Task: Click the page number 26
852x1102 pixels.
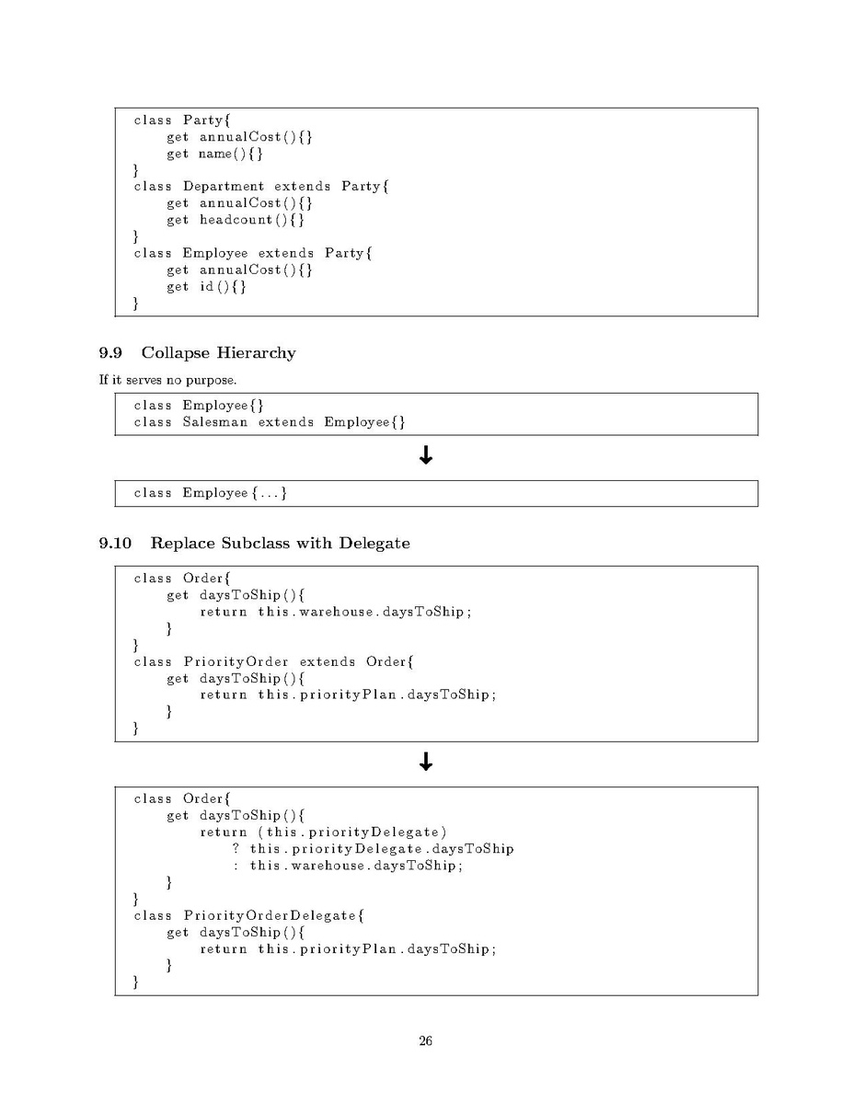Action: (425, 1041)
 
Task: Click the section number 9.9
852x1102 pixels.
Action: (110, 353)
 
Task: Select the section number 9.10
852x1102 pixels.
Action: (115, 544)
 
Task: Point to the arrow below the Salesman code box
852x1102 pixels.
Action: (426, 456)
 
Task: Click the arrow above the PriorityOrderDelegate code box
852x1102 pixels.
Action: (426, 762)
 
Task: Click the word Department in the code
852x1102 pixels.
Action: (224, 187)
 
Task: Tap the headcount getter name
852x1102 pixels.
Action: (236, 219)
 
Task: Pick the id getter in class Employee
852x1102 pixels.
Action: (207, 286)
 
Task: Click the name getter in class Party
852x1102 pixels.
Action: (215, 154)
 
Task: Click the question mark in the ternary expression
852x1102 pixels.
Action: (236, 848)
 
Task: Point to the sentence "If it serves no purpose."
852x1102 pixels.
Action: (167, 380)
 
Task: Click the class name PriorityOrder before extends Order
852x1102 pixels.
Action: (236, 662)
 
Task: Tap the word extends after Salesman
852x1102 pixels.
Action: (285, 421)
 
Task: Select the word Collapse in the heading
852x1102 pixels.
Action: (174, 353)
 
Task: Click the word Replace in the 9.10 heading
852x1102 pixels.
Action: (183, 544)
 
